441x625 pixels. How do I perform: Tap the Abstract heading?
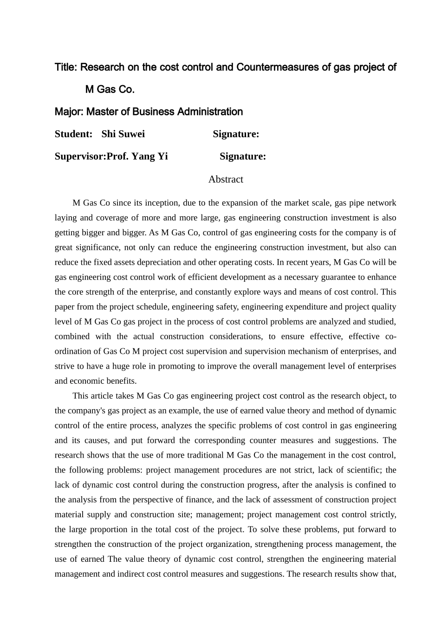pyautogui.click(x=226, y=180)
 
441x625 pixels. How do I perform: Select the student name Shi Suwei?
pyautogui.click(x=123, y=134)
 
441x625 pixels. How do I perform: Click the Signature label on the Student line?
pyautogui.click(x=236, y=134)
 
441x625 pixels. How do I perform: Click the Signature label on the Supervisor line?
pyautogui.click(x=243, y=157)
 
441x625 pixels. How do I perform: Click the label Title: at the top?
pyautogui.click(x=66, y=67)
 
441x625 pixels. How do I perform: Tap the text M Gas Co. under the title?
pyautogui.click(x=110, y=90)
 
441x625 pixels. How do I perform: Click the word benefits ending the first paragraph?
pyautogui.click(x=122, y=381)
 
